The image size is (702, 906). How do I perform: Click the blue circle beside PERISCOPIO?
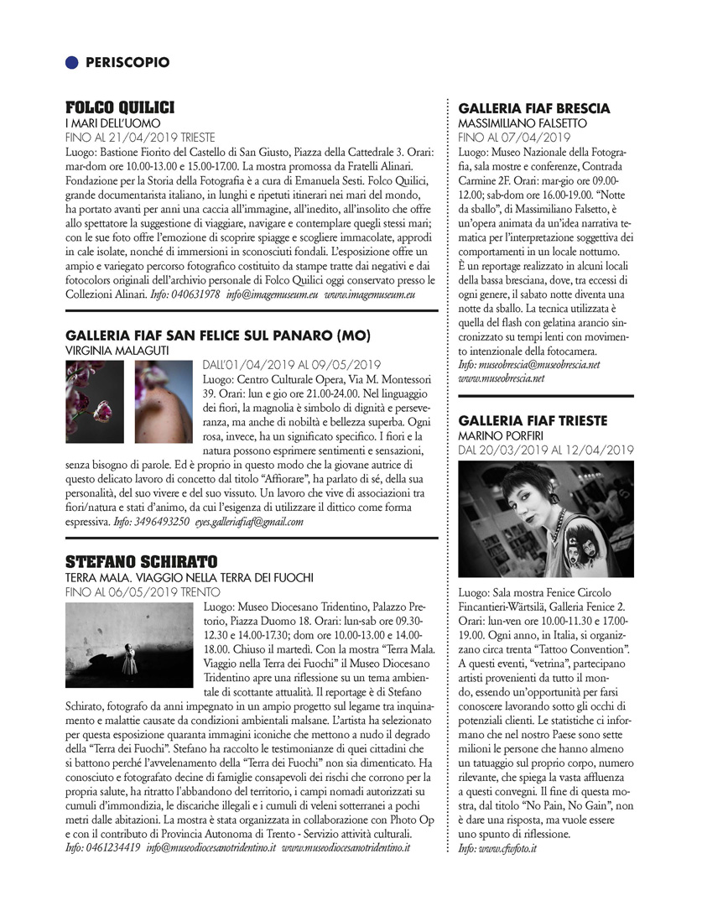[x=72, y=62]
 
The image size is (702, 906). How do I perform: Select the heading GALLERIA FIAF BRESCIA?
[x=534, y=109]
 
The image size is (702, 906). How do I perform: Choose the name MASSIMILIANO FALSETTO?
[x=523, y=123]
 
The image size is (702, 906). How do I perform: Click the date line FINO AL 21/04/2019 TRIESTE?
[x=140, y=137]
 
